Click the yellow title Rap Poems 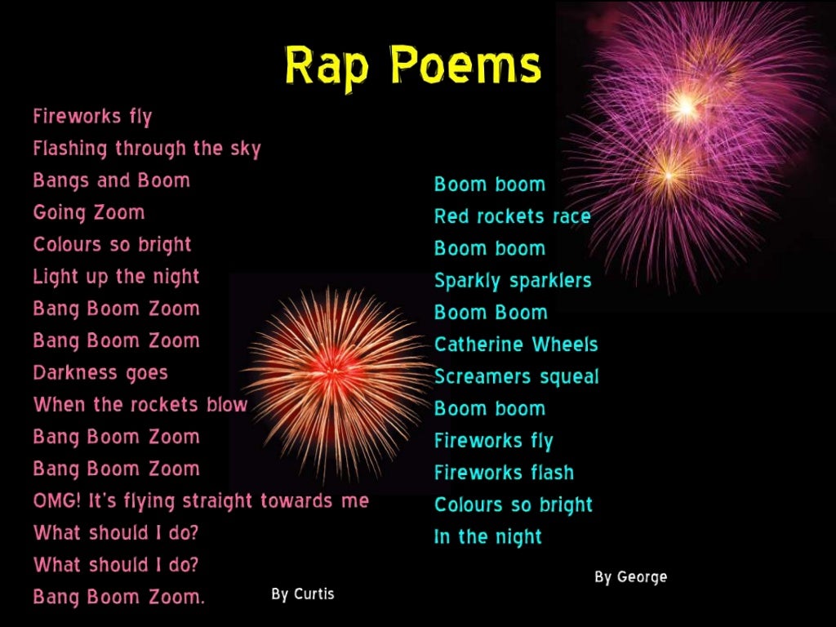(412, 65)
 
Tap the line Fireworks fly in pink (92, 117)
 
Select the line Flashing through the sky (147, 149)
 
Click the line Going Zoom (89, 213)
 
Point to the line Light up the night (116, 277)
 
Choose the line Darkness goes (100, 373)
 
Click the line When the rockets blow (140, 405)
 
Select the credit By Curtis (303, 594)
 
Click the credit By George (630, 577)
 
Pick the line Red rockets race (512, 216)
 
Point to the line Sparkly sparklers (513, 281)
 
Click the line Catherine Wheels (516, 345)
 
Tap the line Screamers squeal (516, 377)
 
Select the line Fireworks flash (504, 473)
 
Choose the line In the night (488, 537)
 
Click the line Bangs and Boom (111, 180)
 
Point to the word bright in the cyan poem (565, 505)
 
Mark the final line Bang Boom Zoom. (118, 597)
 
